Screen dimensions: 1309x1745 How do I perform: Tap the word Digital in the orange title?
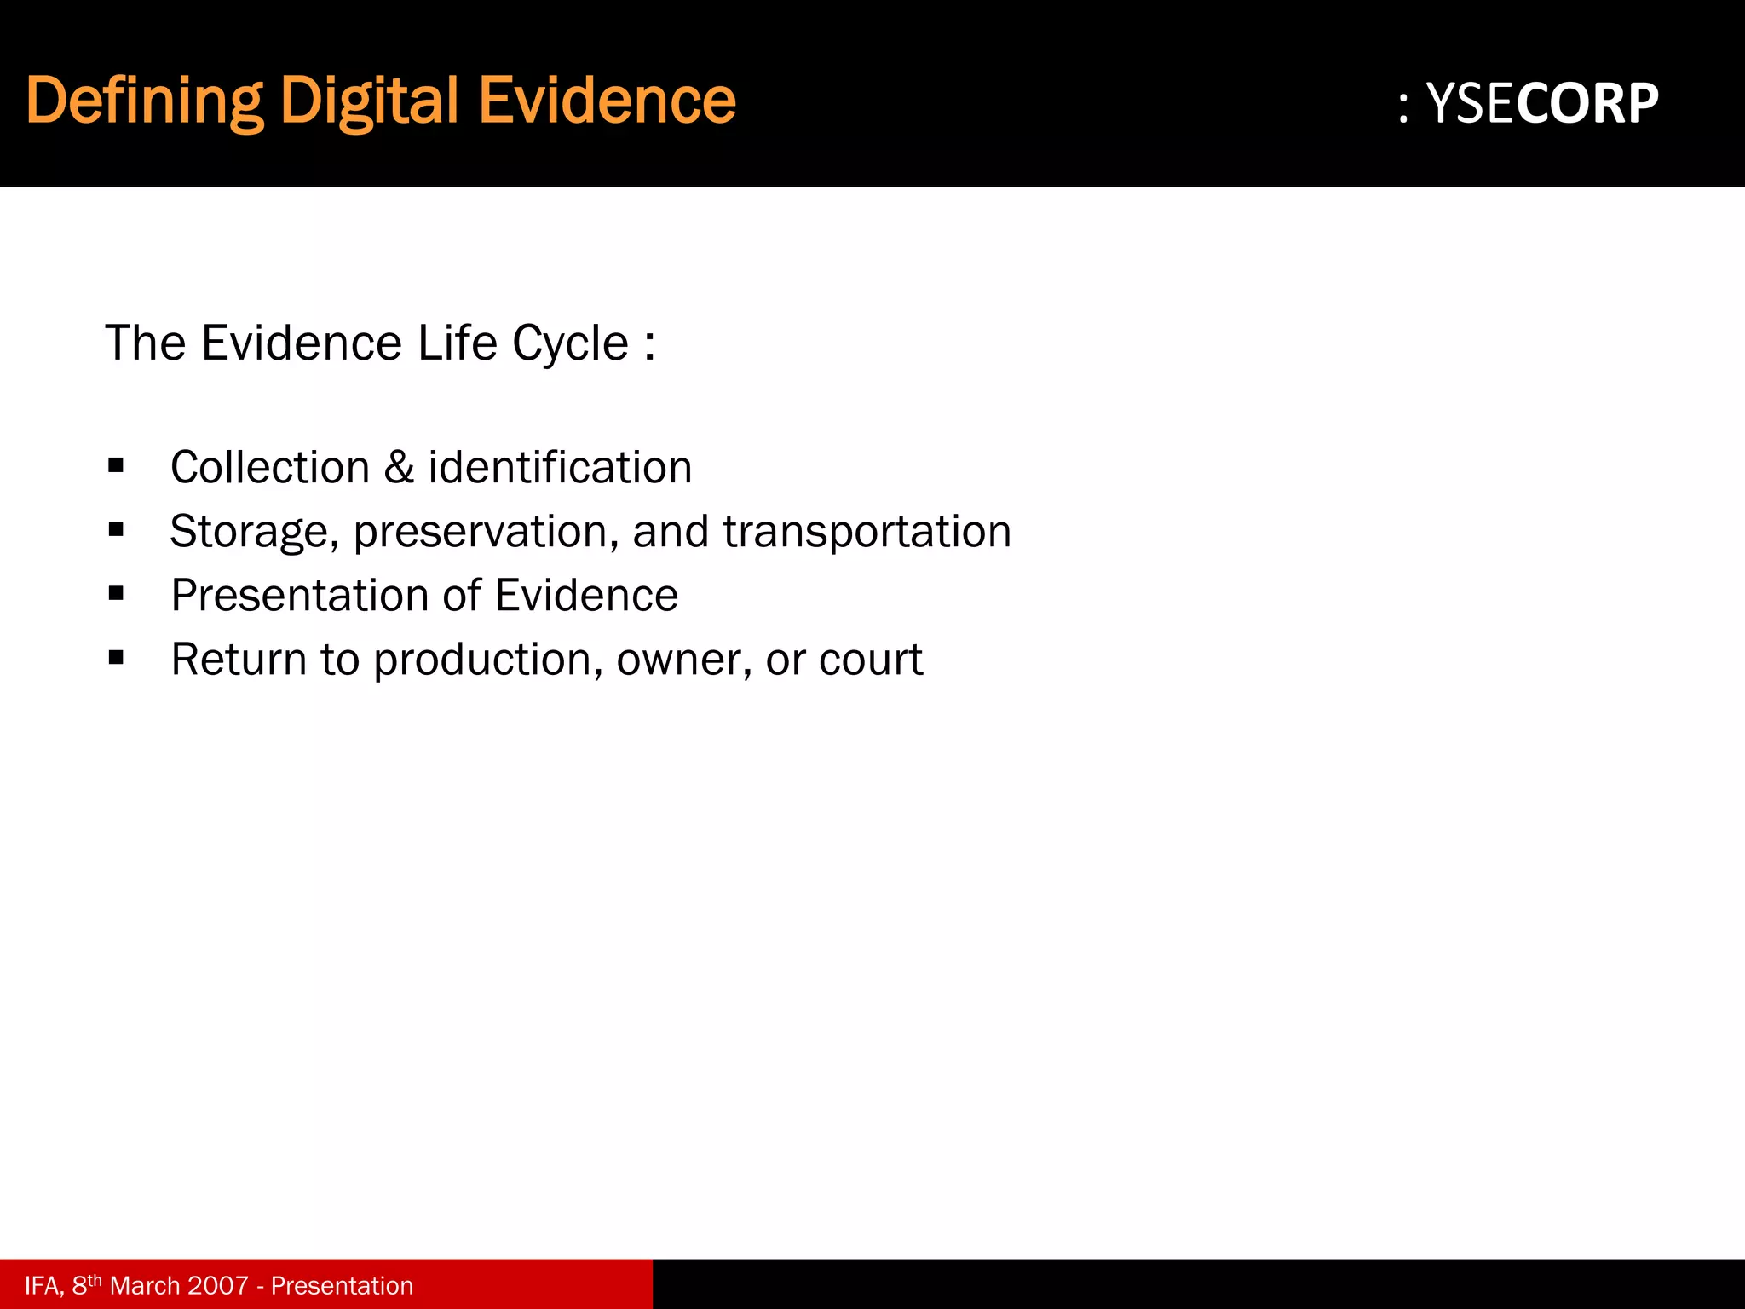[370, 101]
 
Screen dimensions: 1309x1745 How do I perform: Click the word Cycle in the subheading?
[570, 343]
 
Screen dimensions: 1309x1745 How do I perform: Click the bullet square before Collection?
[117, 466]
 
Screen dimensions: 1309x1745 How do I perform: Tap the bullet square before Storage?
[117, 530]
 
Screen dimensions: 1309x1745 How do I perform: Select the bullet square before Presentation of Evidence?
[117, 594]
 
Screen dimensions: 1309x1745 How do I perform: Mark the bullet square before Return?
[117, 658]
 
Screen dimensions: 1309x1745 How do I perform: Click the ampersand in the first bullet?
[399, 468]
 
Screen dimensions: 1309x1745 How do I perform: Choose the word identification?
[560, 468]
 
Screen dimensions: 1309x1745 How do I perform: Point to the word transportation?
[867, 532]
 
